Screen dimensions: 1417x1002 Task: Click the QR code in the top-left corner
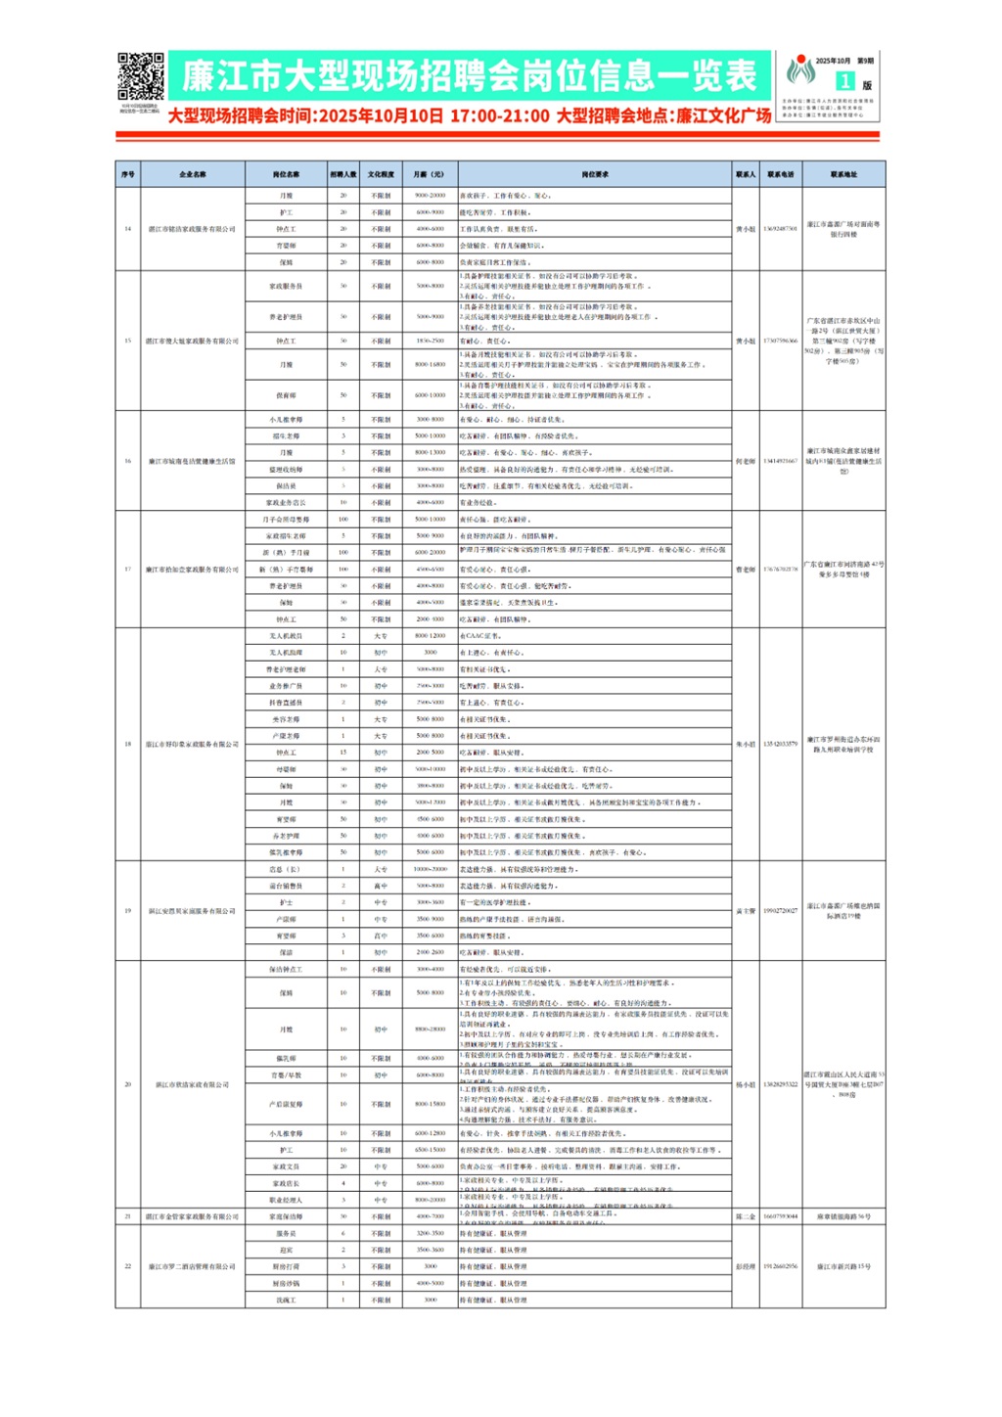141,76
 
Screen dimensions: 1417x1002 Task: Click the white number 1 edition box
844,82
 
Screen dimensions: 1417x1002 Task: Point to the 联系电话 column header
780,174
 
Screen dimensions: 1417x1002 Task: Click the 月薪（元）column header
429,174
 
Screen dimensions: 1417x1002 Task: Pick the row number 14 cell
127,229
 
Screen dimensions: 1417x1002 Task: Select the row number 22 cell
127,1266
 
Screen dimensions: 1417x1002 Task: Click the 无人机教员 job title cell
286,636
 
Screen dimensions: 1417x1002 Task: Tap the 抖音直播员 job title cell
286,703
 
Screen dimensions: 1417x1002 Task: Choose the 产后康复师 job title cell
286,1104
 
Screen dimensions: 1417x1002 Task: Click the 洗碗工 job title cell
286,1300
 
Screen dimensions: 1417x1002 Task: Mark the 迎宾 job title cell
286,1250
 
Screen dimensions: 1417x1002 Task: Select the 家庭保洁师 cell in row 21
286,1216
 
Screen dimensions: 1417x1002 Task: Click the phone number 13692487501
780,229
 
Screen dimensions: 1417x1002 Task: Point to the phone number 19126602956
780,1266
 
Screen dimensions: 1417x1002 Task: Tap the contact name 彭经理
746,1266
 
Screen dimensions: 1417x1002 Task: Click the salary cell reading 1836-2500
430,341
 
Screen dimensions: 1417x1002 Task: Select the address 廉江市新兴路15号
843,1266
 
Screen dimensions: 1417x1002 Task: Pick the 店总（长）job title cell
286,869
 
